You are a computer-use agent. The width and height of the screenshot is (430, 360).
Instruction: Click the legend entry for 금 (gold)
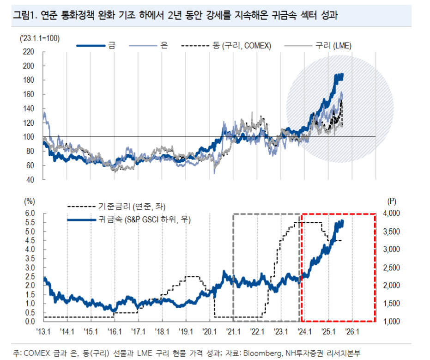[x=111, y=45]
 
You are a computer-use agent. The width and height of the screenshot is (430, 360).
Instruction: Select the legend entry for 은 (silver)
[x=164, y=45]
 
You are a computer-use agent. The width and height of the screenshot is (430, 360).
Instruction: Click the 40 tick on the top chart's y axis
[x=30, y=179]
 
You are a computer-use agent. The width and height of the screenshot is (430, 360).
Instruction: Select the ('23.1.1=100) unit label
[x=39, y=38]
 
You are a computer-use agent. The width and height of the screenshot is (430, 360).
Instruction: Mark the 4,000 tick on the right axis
[x=394, y=214]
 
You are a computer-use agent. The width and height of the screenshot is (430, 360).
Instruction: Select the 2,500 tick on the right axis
[x=394, y=268]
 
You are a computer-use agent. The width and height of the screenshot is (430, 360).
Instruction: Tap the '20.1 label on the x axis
[x=209, y=331]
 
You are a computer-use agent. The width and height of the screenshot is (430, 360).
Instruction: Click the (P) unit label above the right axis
[x=392, y=201]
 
